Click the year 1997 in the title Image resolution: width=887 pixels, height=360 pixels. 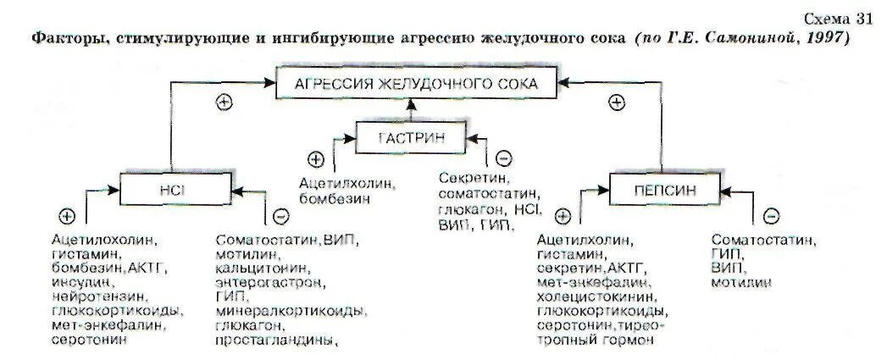point(826,39)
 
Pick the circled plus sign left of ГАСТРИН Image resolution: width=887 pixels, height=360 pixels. point(316,158)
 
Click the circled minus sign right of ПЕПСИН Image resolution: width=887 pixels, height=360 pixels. point(771,216)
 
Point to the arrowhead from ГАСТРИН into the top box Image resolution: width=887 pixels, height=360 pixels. point(412,102)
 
